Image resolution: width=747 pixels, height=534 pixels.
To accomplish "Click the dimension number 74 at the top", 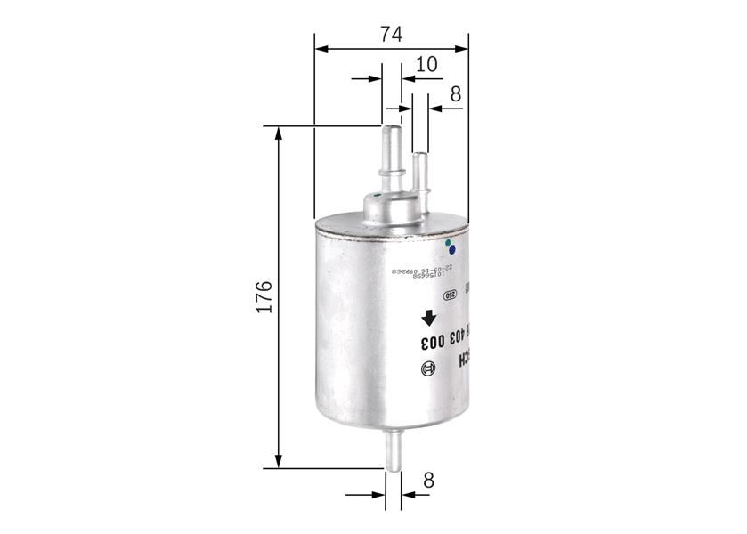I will [391, 34].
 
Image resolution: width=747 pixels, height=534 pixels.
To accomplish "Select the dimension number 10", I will [426, 64].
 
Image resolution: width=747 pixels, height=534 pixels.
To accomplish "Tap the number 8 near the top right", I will [455, 94].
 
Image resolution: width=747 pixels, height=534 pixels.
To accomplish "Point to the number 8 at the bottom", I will [428, 481].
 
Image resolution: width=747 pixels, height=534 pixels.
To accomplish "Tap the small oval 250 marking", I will [451, 295].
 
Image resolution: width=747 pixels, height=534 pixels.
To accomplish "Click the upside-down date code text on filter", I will [425, 269].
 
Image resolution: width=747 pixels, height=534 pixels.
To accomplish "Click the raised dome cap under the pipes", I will [389, 208].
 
